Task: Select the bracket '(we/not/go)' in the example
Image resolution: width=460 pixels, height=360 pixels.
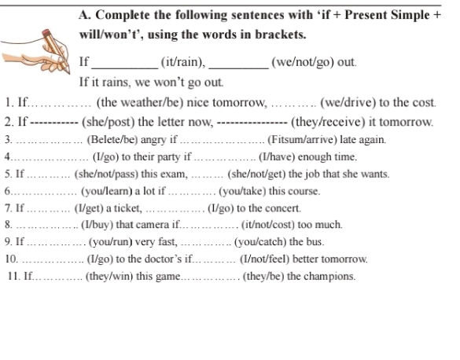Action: click(302, 61)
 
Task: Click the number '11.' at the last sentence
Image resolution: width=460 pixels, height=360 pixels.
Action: click(13, 276)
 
